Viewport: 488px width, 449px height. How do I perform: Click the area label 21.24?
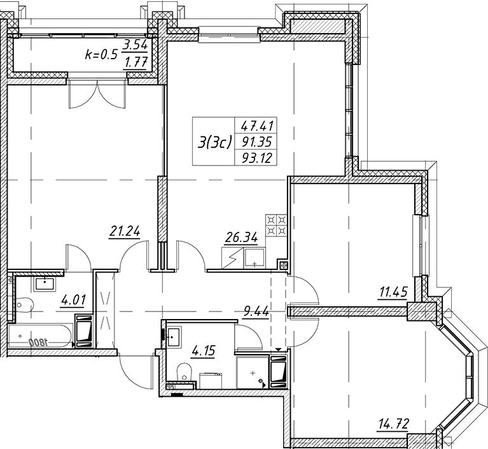coord(125,232)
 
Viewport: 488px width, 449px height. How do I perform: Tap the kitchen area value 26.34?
coord(242,238)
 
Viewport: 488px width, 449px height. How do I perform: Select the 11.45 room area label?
coord(393,292)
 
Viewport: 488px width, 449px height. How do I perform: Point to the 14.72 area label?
coord(393,424)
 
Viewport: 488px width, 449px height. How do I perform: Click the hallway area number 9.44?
coord(256,311)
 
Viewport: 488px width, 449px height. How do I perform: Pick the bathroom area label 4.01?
coord(73,301)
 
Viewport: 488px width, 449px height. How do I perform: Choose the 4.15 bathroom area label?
coord(204,352)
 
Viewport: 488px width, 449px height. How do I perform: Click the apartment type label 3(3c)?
coord(215,143)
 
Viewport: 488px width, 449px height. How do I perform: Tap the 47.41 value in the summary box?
coord(258,126)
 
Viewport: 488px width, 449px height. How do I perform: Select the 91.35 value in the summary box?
coord(258,142)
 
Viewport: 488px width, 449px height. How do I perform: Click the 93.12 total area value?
coord(258,158)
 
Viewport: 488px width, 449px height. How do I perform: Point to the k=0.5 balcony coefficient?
coord(101,55)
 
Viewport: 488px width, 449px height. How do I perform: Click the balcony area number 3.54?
coord(135,46)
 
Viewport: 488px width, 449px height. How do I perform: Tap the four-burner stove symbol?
coord(276,225)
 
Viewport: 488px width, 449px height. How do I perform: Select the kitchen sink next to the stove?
coord(254,258)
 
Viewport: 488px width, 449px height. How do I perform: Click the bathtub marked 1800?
coord(41,336)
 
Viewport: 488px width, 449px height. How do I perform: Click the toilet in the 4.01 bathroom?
coord(24,304)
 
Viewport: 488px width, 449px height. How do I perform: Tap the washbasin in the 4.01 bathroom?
coord(45,283)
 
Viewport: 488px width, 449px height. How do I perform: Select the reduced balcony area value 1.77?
coord(136,63)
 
